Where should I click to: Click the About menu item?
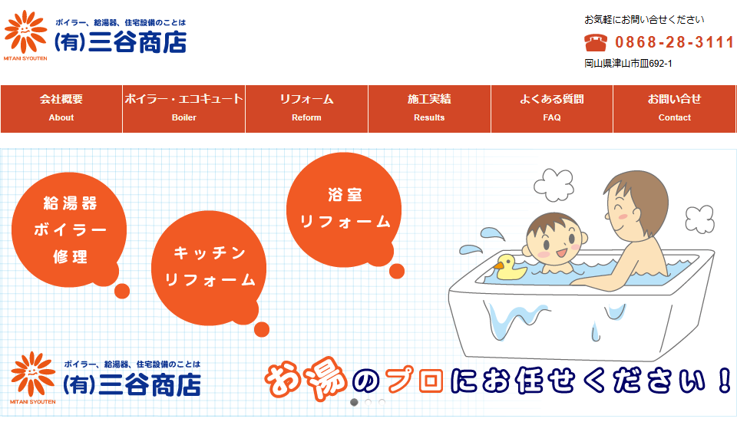click(x=61, y=108)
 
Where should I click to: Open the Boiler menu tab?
click(x=183, y=108)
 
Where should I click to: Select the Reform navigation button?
click(x=306, y=108)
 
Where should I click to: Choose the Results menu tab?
click(x=429, y=108)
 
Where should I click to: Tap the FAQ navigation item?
click(x=552, y=108)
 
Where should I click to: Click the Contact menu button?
click(x=675, y=108)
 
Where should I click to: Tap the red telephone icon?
click(x=596, y=42)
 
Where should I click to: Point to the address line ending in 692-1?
click(x=628, y=64)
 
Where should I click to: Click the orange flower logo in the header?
click(x=26, y=32)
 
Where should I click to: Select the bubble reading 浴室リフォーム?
click(x=344, y=209)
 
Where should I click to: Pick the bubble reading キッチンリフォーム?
click(x=209, y=268)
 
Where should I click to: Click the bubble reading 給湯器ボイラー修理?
click(x=69, y=229)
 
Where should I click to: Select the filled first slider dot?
click(x=355, y=402)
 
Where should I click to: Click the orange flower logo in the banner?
click(x=32, y=374)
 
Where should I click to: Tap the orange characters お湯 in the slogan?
click(x=306, y=379)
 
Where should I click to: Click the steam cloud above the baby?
click(x=554, y=184)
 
